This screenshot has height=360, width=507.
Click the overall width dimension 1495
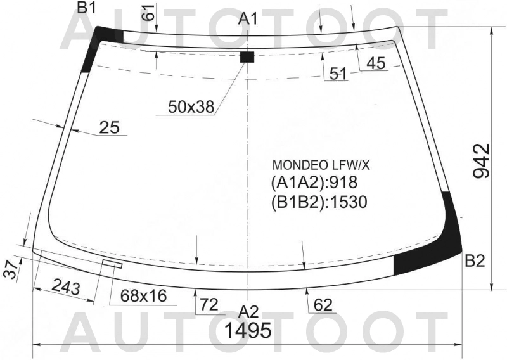coord(248,330)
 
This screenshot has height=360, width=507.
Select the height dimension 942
coord(482,161)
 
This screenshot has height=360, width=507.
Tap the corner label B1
coord(87,8)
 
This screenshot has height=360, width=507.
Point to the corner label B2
coord(475,261)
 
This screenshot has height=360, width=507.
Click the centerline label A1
coord(248,19)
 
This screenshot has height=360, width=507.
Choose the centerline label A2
coord(248,312)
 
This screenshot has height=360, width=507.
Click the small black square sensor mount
coord(247,56)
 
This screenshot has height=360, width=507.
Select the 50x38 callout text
coord(191,106)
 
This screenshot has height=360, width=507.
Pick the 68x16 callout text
coord(144,295)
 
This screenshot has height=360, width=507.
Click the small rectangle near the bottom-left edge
coord(113,264)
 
